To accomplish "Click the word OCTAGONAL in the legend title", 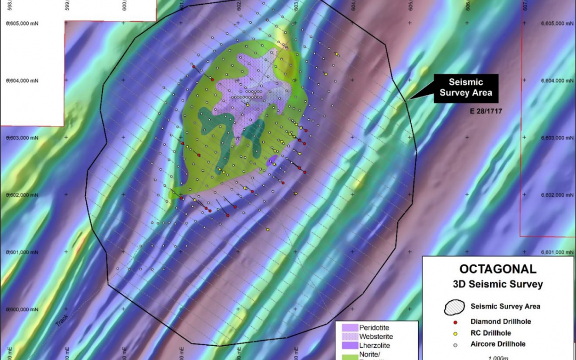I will pos(498,270).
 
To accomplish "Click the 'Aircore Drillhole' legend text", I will pos(498,344).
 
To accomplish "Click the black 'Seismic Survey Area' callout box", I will pos(465,89).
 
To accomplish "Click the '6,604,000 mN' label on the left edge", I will pos(22,81).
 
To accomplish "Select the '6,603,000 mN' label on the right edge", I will pos(556,138).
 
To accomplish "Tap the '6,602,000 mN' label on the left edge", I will pos(22,195).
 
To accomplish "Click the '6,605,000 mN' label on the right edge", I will pos(556,23).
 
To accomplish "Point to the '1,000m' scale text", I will pos(498,357).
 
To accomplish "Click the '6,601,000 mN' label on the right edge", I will pos(556,252).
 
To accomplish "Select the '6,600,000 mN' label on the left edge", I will pos(22,309).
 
